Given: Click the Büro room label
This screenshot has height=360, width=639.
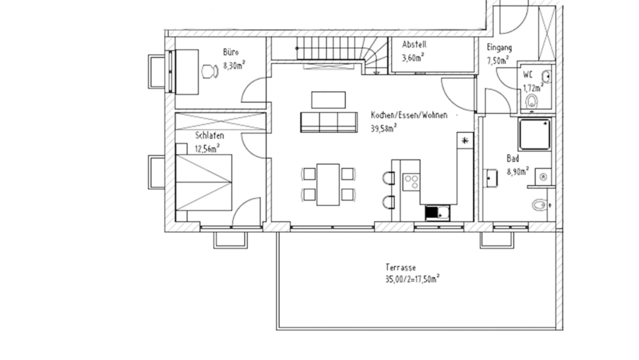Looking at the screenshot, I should (230, 52).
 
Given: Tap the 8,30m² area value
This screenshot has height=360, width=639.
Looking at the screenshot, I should (234, 65).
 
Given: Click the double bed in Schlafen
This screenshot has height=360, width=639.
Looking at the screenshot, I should (204, 182).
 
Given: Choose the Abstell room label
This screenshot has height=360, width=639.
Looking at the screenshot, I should (414, 45).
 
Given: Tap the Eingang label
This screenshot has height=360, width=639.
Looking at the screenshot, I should (499, 48).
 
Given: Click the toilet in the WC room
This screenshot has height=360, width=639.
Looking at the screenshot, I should (531, 103).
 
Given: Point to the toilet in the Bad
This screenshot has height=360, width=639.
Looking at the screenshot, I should (539, 206).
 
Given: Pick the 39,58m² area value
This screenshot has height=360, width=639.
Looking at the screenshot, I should (383, 129).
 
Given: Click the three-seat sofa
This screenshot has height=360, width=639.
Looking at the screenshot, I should (329, 122).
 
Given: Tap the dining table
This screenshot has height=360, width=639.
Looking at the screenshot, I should (328, 184).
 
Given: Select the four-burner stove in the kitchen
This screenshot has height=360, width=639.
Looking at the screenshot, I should (410, 181).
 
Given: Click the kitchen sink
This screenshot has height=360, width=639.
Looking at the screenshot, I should (435, 211).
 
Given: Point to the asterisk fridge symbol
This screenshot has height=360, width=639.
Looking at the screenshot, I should (464, 141).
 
